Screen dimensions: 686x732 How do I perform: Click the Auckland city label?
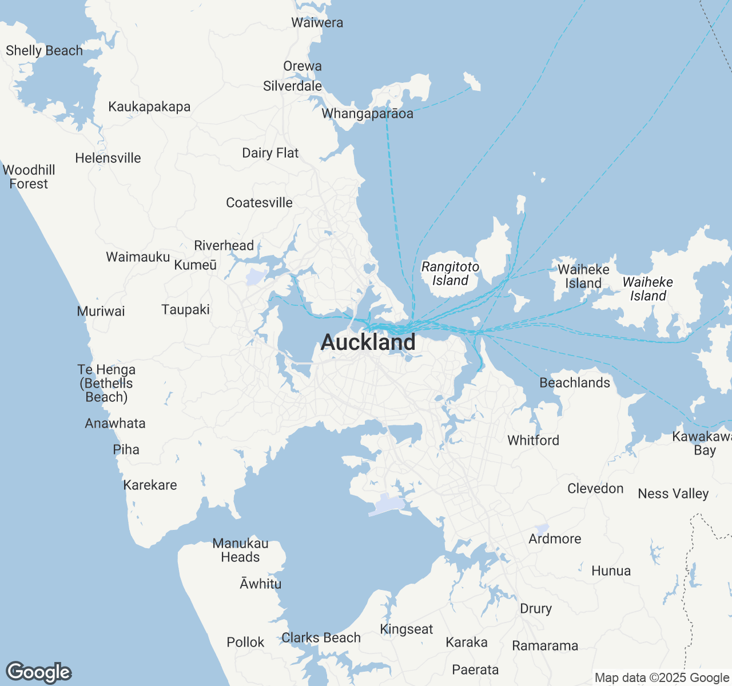coord(368,342)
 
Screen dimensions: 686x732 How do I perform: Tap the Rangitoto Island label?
coord(450,274)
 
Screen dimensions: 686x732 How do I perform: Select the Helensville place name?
coord(108,158)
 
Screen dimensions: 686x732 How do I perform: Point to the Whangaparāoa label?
coord(367,114)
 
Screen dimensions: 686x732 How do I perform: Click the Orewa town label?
coord(303,66)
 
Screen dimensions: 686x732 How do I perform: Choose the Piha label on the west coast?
coord(126,450)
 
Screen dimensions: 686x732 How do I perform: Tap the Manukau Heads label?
coord(240,551)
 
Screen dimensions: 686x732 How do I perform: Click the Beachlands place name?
coord(575,383)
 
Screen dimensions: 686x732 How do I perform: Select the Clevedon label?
coord(595,489)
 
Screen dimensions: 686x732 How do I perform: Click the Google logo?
coord(39,673)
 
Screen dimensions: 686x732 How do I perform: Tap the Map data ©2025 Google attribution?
coord(662,678)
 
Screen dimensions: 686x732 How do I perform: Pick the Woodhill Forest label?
coord(29,177)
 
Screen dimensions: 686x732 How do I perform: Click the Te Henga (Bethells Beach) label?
coord(106,384)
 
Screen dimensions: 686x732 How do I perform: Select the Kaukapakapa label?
coord(149,107)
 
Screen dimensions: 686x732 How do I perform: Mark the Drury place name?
coord(536,609)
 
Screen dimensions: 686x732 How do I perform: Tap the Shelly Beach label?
coord(44,51)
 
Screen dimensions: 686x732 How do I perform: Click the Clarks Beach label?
coord(321,638)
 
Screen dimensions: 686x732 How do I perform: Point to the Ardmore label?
coord(555,539)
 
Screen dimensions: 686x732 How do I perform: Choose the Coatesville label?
coord(259,203)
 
